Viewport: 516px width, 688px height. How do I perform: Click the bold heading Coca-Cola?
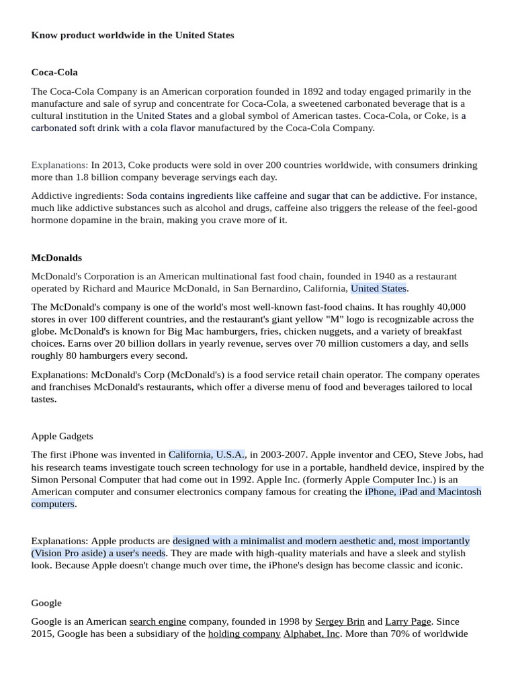click(x=54, y=72)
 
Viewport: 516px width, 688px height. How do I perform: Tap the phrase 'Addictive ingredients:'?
click(x=77, y=196)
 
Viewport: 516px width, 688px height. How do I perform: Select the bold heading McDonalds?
click(x=56, y=257)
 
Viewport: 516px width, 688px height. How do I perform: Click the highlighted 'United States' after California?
click(x=378, y=288)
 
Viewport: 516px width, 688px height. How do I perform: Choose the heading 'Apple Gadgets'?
click(x=62, y=436)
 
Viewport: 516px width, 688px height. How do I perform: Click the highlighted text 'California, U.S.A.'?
click(x=207, y=455)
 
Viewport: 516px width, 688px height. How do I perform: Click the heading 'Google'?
click(x=46, y=603)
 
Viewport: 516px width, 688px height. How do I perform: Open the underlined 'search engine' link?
click(x=157, y=621)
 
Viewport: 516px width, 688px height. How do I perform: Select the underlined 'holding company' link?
click(x=244, y=634)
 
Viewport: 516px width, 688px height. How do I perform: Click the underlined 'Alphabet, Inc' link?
click(x=311, y=634)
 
